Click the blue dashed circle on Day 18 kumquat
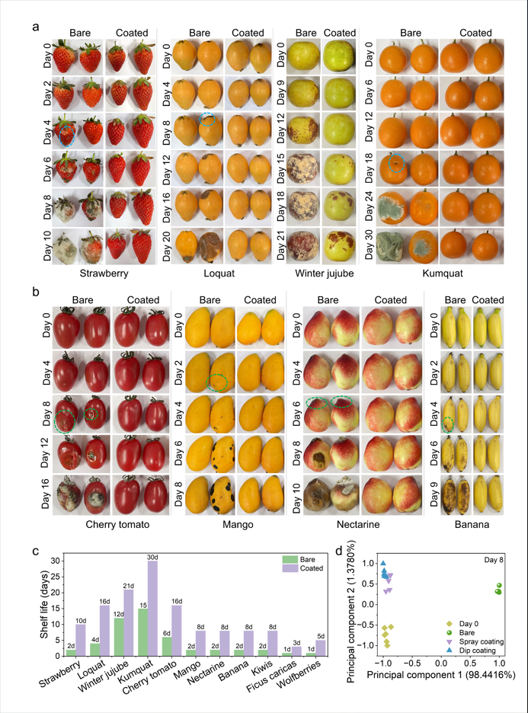click(x=395, y=162)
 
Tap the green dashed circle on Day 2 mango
click(x=219, y=382)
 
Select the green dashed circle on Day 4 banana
click(x=448, y=424)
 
